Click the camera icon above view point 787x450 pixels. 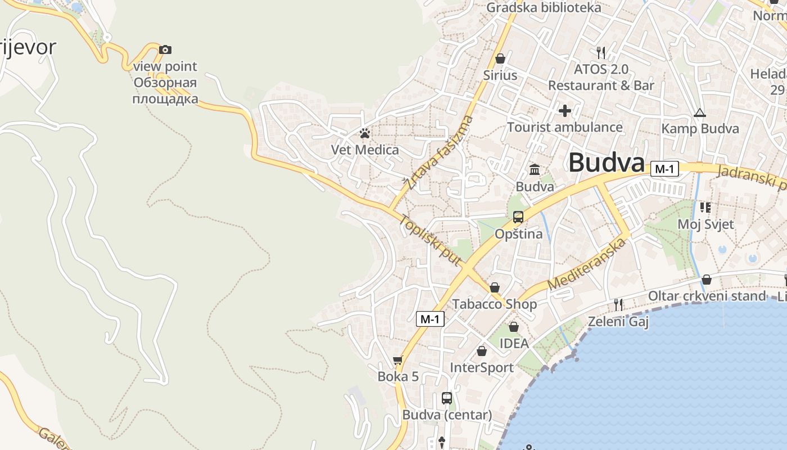point(165,50)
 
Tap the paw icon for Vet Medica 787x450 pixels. point(365,133)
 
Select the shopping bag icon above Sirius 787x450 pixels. point(500,58)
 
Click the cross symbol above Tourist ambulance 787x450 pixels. point(565,111)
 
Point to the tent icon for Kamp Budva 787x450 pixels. point(699,112)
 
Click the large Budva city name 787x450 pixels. point(606,163)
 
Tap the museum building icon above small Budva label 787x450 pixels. point(535,169)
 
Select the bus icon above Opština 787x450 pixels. point(518,217)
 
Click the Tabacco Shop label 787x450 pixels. point(495,304)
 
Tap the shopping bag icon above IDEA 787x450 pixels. point(514,327)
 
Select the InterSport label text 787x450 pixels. point(482,368)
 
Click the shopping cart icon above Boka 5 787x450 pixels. point(398,360)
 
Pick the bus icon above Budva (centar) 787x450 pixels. point(447,398)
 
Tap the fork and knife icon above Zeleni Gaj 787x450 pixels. point(618,305)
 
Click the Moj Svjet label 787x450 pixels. point(705,224)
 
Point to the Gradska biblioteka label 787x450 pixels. point(544,7)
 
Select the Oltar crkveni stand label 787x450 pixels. point(707,296)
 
